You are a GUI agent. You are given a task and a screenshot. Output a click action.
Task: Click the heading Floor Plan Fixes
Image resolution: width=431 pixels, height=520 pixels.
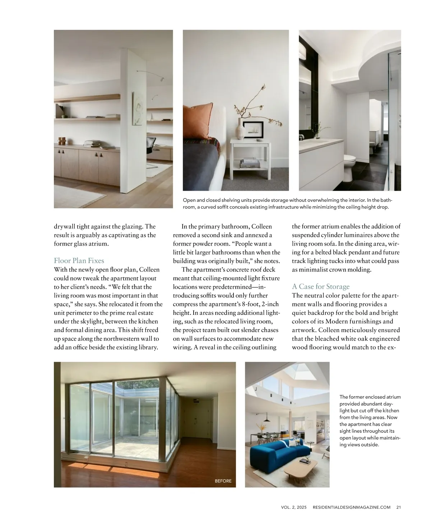pyautogui.click(x=79, y=261)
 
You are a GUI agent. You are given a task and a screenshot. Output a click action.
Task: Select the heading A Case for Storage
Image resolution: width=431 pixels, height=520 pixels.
pyautogui.click(x=320, y=287)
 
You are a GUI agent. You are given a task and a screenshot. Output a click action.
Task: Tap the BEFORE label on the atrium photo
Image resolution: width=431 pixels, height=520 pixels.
pyautogui.click(x=223, y=481)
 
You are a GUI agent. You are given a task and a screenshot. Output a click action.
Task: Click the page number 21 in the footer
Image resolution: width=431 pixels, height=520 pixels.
pyautogui.click(x=399, y=507)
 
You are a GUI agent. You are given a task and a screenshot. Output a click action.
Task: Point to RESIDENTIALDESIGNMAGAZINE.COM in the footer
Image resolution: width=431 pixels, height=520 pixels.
pyautogui.click(x=351, y=507)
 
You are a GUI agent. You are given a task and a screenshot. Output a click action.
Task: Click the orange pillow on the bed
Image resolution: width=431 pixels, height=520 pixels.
pyautogui.click(x=198, y=121)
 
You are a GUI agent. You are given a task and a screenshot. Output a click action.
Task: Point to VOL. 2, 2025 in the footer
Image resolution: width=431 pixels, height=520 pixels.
pyautogui.click(x=293, y=507)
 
